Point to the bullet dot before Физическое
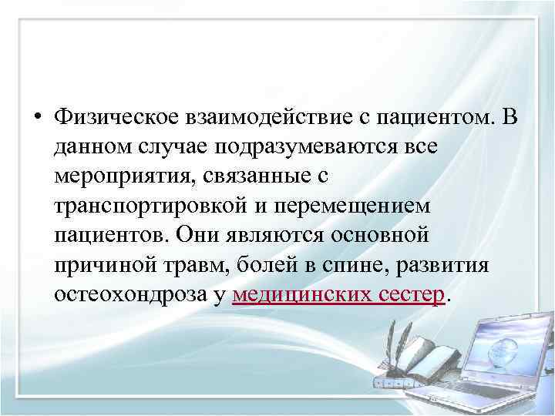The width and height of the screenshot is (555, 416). pos(36,117)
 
